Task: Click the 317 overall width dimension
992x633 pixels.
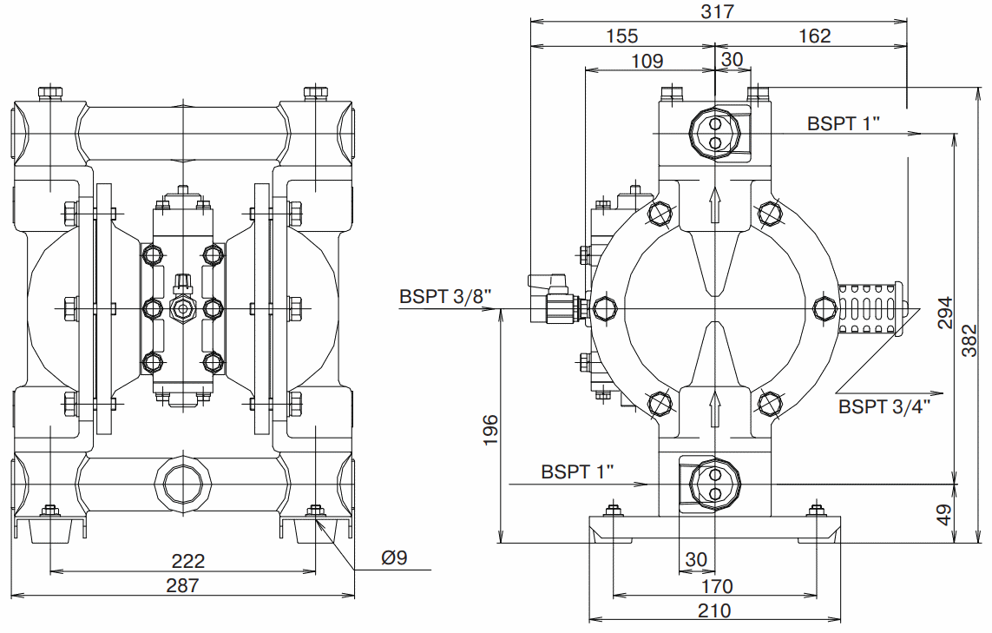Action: point(718,11)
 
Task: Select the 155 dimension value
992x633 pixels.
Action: point(622,36)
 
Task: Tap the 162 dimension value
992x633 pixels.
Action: point(814,36)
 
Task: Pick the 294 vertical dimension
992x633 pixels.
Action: point(945,313)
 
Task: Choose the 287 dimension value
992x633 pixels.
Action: point(182,585)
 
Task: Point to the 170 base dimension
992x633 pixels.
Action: point(716,585)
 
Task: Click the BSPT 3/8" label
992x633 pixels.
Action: point(446,295)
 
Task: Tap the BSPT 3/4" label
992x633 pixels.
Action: point(884,406)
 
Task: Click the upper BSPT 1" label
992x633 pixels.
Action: point(844,122)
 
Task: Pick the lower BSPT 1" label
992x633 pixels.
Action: point(577,471)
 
